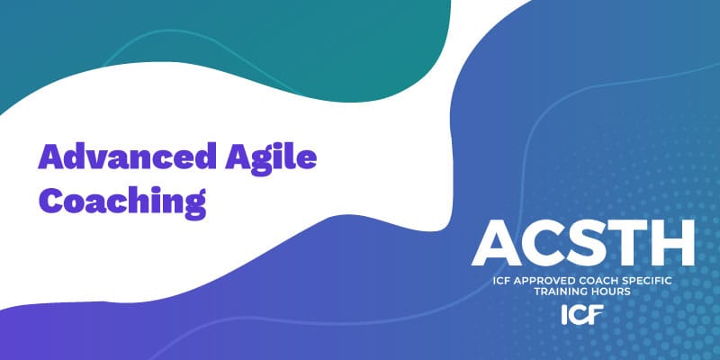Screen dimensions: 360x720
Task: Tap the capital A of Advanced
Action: (50, 158)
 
